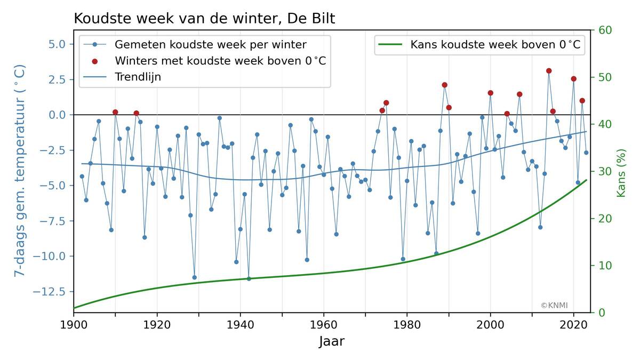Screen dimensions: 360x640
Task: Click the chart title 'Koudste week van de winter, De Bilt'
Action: coord(204,19)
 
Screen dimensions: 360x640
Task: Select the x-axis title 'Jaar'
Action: coord(332,341)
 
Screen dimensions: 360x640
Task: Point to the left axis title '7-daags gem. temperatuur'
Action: coord(20,171)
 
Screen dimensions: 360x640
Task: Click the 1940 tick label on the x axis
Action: coord(241,324)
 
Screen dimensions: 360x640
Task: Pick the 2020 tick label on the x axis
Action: coord(574,324)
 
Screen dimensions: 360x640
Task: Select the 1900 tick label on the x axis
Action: coord(74,324)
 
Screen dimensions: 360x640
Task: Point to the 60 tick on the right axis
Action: coord(605,30)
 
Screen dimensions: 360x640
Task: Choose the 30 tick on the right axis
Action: coord(605,171)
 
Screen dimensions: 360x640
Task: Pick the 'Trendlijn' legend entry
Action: coord(138,77)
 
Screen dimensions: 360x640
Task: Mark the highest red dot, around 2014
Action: coord(549,71)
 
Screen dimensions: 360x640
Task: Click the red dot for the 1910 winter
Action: coord(115,112)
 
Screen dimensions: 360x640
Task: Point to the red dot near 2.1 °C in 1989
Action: coord(444,85)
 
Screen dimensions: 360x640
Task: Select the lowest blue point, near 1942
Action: coord(249,278)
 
